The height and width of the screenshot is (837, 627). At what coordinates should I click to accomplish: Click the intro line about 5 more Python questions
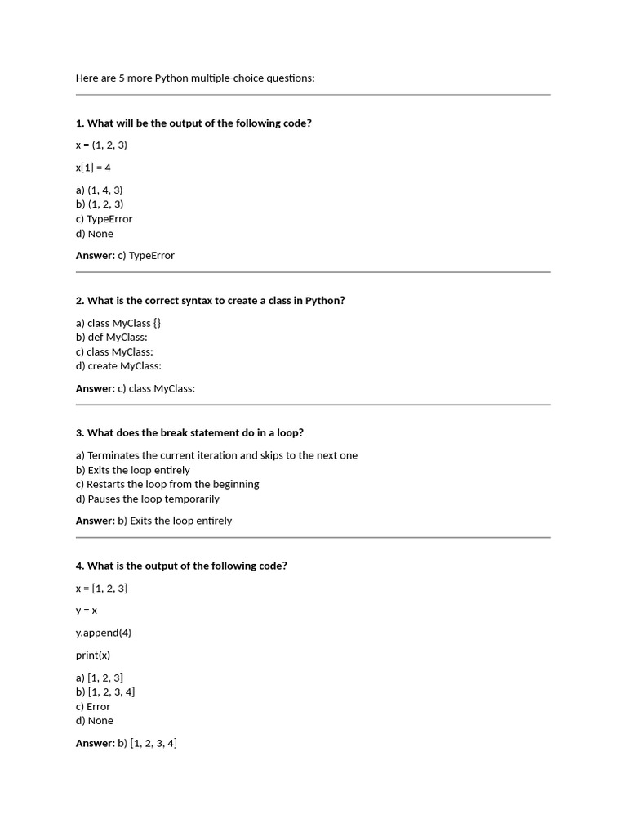194,78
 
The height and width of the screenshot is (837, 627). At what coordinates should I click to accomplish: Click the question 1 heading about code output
193,123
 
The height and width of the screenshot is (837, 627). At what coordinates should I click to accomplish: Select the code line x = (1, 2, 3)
101,145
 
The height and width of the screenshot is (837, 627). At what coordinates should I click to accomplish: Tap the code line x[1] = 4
93,168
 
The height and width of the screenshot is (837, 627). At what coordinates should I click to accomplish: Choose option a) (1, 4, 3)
100,190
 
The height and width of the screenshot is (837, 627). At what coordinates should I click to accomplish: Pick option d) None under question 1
95,234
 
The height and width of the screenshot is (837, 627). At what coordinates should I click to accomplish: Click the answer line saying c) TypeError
125,256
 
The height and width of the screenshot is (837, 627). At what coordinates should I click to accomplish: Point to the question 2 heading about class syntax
210,301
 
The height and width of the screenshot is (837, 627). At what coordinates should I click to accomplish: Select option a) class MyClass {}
118,323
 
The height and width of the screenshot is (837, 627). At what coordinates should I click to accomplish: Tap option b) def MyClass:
112,337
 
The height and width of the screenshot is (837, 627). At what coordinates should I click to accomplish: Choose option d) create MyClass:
118,366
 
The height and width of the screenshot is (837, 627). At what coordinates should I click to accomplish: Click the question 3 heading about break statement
189,433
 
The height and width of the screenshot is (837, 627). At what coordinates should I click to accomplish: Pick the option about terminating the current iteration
216,455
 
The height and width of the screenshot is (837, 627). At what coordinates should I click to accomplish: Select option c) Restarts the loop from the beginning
167,484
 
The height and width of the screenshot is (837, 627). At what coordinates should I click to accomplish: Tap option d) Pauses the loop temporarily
148,499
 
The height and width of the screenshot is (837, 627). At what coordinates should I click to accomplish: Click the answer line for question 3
153,521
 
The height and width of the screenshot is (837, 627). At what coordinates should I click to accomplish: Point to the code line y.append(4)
104,633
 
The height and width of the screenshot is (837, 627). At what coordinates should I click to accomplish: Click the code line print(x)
93,655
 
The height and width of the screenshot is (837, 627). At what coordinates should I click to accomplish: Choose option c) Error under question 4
93,706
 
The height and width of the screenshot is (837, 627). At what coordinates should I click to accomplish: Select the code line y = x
87,611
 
